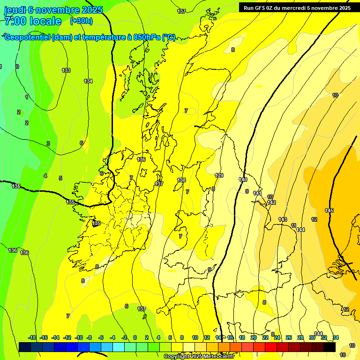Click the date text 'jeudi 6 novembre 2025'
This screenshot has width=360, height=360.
(53, 10)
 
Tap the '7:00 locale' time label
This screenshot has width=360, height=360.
(33, 21)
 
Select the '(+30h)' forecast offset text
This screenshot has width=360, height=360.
(81, 21)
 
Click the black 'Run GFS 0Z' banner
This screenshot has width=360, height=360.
(297, 7)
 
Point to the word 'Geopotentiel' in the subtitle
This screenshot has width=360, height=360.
(27, 37)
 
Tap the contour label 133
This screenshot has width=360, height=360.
(66, 70)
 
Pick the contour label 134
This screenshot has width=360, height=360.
(88, 81)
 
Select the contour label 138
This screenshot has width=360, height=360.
(181, 180)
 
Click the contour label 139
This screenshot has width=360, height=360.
(219, 175)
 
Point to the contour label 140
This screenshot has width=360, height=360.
(243, 180)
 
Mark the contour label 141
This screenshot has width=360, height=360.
(257, 193)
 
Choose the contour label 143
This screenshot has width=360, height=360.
(283, 219)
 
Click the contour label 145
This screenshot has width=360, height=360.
(329, 210)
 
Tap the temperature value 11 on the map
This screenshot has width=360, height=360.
(294, 225)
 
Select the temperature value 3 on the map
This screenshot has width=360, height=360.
(48, 143)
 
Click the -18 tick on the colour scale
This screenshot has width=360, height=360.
(32, 337)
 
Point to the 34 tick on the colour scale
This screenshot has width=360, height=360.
(336, 337)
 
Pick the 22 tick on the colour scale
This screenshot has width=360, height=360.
(265, 337)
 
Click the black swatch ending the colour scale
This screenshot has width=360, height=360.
(330, 347)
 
